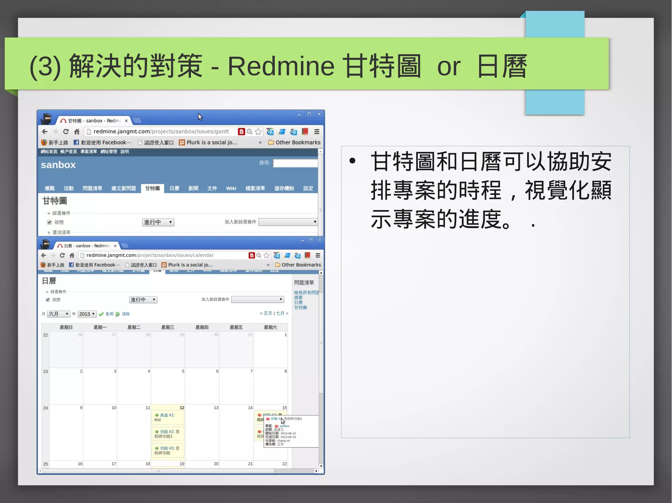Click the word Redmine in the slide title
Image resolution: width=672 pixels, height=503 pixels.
(x=281, y=66)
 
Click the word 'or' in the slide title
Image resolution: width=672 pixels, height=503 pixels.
(x=449, y=67)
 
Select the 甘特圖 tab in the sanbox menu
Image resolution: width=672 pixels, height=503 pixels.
(x=153, y=188)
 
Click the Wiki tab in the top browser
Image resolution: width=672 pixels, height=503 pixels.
(x=231, y=188)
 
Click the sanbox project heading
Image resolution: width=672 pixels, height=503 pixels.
(x=58, y=165)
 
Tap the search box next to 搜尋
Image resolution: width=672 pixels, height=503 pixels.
(x=295, y=163)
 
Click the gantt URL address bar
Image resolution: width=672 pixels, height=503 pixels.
(x=161, y=131)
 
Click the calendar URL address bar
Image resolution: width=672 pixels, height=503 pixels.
(x=150, y=255)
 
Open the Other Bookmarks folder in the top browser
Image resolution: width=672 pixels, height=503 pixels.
(x=294, y=143)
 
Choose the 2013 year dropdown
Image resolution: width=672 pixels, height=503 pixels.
(x=87, y=314)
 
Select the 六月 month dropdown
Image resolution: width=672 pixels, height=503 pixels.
(x=58, y=314)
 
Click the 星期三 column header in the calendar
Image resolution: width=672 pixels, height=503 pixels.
(x=168, y=327)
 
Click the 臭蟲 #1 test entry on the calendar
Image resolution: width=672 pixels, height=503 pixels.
(x=167, y=417)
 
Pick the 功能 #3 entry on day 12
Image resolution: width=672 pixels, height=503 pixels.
(x=167, y=451)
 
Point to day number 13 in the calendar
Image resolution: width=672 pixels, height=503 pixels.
(x=216, y=408)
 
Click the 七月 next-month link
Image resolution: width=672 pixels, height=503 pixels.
(x=280, y=313)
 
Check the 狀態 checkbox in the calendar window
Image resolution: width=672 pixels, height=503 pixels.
(x=48, y=300)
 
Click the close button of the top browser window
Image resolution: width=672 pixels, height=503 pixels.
(x=319, y=114)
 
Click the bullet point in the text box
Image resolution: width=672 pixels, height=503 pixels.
(x=352, y=161)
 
